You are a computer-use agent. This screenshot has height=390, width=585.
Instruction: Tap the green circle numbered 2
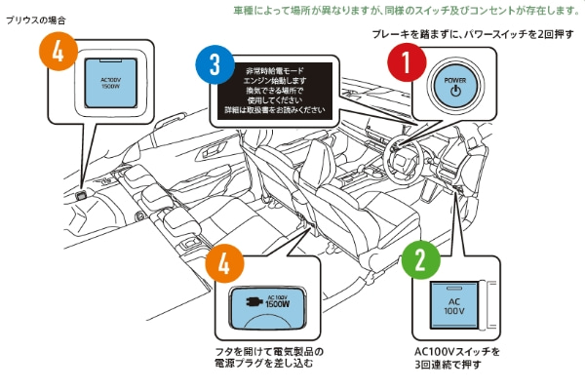(x=420, y=259)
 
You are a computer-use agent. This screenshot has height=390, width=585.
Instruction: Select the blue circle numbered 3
(x=214, y=66)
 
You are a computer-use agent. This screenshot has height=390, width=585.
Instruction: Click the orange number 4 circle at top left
(x=59, y=55)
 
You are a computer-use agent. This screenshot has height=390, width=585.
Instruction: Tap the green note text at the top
(x=408, y=10)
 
